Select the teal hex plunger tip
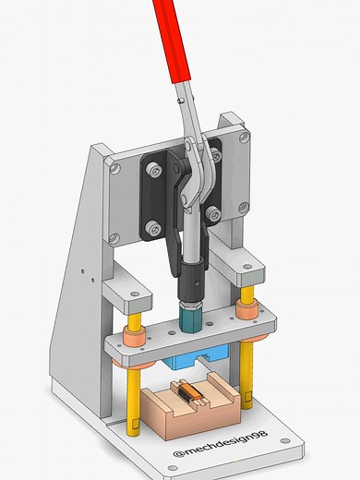click(189, 318)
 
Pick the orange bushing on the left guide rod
click(133, 338)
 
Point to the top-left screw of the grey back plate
click(114, 168)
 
